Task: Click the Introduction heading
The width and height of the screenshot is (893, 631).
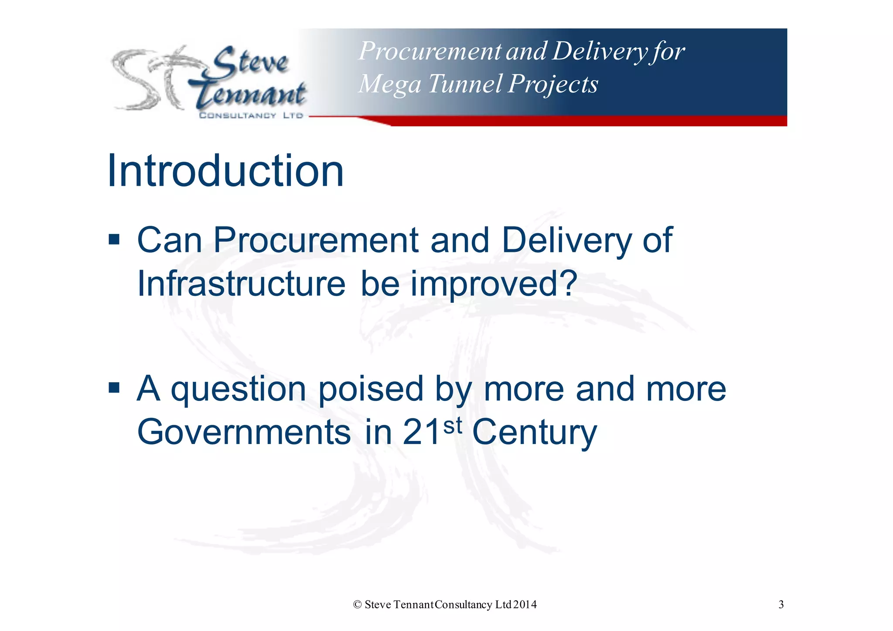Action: pyautogui.click(x=225, y=171)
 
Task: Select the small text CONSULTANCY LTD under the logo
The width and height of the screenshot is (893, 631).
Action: pyautogui.click(x=251, y=115)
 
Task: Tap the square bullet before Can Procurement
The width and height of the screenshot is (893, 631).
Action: pyautogui.click(x=114, y=240)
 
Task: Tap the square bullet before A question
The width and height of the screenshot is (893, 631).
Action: pyautogui.click(x=114, y=387)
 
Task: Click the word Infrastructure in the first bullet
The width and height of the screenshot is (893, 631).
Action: pyautogui.click(x=241, y=284)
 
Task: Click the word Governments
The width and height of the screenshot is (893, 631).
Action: pyautogui.click(x=244, y=432)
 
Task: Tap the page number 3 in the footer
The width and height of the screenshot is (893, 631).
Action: pyautogui.click(x=781, y=604)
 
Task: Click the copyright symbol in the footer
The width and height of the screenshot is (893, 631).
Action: pyautogui.click(x=358, y=605)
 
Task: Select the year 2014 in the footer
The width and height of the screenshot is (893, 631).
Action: pyautogui.click(x=525, y=605)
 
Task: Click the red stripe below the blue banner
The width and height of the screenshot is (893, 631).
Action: pyautogui.click(x=589, y=121)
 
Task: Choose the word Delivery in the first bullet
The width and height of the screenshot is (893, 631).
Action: pyautogui.click(x=566, y=241)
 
